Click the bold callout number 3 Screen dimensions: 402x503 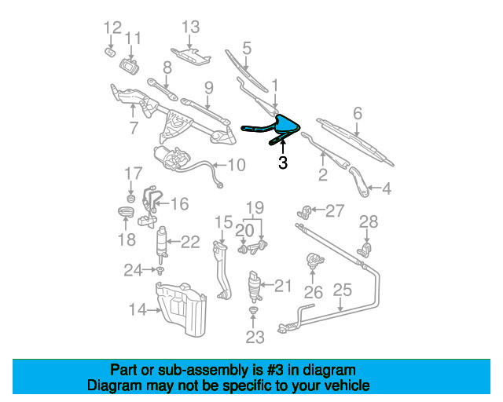click(283, 163)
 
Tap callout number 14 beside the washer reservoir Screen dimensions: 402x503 click(138, 310)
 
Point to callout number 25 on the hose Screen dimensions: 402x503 click(342, 291)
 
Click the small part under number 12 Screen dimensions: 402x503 click(109, 52)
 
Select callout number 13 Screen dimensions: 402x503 click(191, 27)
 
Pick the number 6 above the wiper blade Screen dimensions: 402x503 click(358, 115)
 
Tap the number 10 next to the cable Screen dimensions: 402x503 click(237, 166)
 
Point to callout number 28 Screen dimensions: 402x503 click(369, 222)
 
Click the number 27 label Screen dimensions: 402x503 click(336, 210)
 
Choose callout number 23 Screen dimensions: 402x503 click(255, 338)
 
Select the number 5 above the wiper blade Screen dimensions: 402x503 click(247, 49)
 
